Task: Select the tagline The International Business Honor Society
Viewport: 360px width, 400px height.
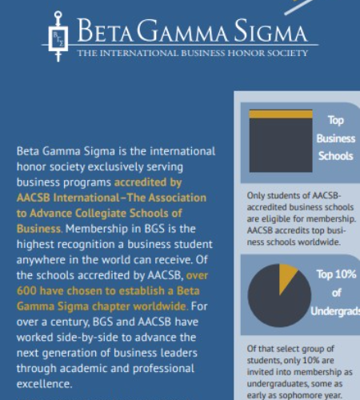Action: tap(192, 54)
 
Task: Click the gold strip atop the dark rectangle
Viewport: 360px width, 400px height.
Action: tap(280, 114)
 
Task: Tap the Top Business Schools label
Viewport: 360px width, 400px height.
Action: tap(335, 138)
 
